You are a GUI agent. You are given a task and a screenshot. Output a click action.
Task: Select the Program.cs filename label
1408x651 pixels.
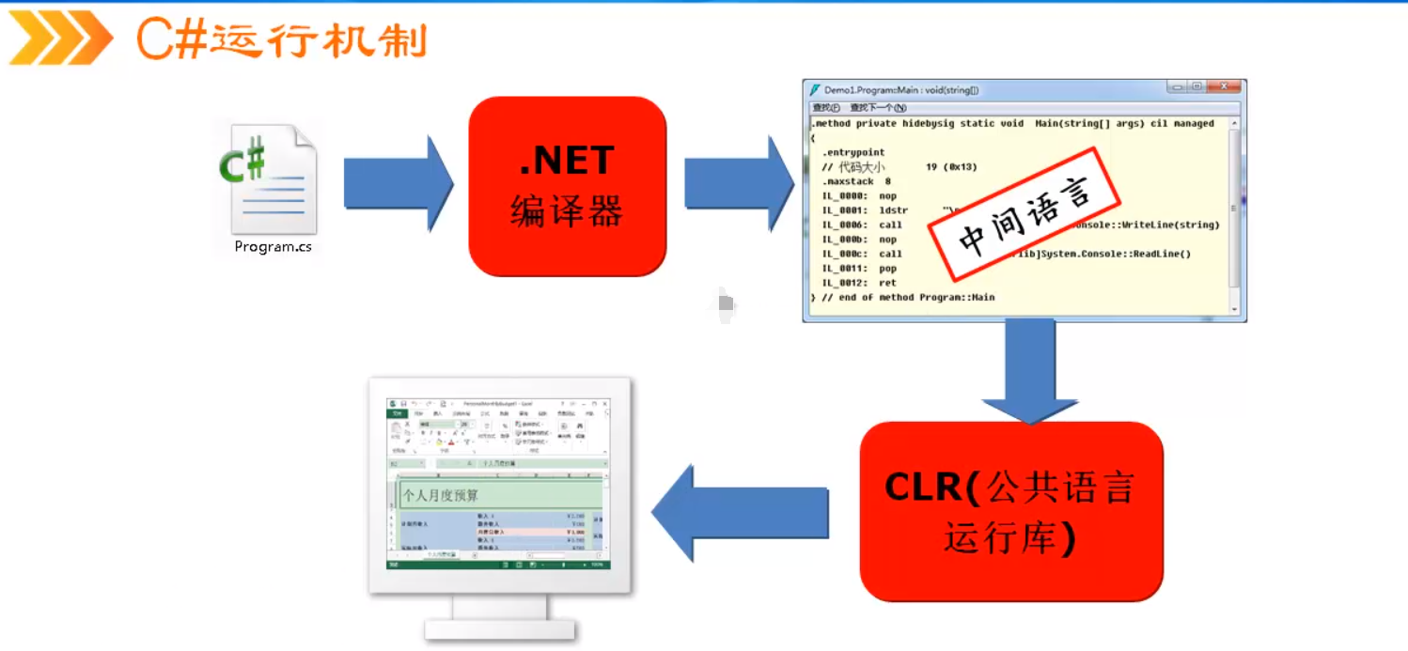273,247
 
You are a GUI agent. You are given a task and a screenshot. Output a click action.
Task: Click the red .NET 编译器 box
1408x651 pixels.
567,186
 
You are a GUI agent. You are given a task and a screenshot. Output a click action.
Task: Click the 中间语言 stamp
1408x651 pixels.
1025,214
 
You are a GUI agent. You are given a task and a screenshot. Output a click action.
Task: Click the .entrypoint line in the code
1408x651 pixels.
853,152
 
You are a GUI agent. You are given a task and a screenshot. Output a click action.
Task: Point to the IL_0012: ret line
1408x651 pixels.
859,283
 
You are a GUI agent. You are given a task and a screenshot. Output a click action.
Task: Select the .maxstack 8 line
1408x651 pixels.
855,181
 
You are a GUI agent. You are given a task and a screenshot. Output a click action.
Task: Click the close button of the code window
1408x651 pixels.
1225,87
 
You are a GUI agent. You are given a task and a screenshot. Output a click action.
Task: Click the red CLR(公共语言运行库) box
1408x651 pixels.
1011,511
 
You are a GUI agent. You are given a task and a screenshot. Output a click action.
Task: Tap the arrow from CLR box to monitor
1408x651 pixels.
739,513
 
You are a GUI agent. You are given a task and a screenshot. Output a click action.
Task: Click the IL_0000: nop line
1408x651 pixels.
859,196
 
